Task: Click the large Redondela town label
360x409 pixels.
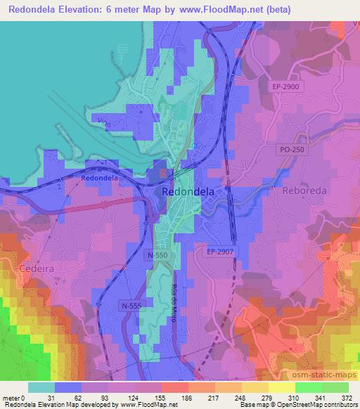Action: point(188,191)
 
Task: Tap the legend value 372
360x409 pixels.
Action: point(347,397)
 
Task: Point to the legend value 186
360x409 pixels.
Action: point(186,397)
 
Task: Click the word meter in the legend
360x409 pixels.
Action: point(12,397)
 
